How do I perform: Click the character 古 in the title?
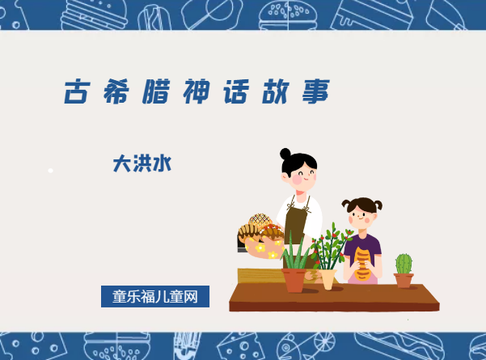[78, 92]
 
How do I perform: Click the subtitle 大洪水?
[142, 164]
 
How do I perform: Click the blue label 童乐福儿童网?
[155, 296]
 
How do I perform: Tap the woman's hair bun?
[285, 153]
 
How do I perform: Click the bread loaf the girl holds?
[363, 263]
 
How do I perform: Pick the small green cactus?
[404, 263]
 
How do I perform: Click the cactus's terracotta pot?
[404, 280]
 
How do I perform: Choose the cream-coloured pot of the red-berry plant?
[328, 278]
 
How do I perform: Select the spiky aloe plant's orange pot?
[294, 280]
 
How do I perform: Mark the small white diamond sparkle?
[50, 171]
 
